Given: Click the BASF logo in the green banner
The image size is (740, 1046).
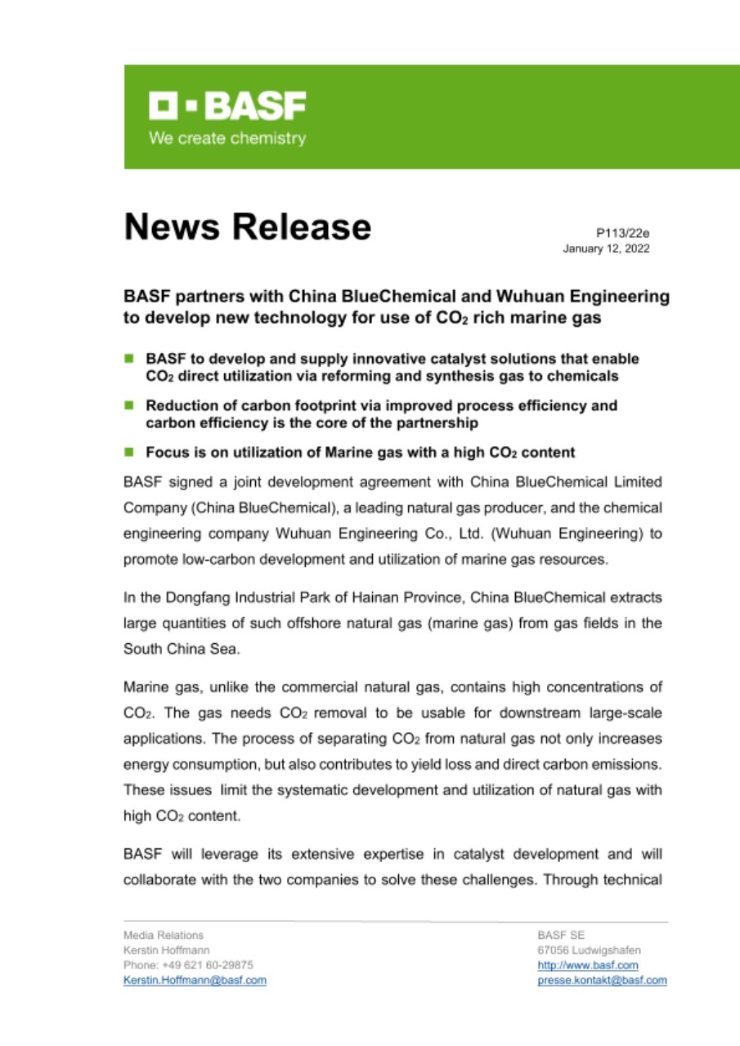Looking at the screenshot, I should [227, 105].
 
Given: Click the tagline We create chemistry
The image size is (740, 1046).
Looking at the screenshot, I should [227, 138].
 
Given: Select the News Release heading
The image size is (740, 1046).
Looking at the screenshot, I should [247, 226].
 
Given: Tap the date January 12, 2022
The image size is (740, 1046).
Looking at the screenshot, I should [606, 248].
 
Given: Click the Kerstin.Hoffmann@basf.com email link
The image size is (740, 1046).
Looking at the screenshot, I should [195, 980].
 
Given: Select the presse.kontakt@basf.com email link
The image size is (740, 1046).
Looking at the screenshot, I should [602, 980].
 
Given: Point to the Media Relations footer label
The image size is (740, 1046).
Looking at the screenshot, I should [164, 935].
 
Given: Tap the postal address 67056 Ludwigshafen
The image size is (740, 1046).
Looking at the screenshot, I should [589, 950].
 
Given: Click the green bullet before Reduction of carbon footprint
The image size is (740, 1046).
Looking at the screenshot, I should [129, 405].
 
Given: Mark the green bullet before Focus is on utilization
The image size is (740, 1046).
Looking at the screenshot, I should [129, 452].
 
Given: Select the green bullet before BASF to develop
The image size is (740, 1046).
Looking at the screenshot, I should [129, 359].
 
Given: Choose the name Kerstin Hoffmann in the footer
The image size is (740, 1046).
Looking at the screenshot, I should [166, 950].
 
